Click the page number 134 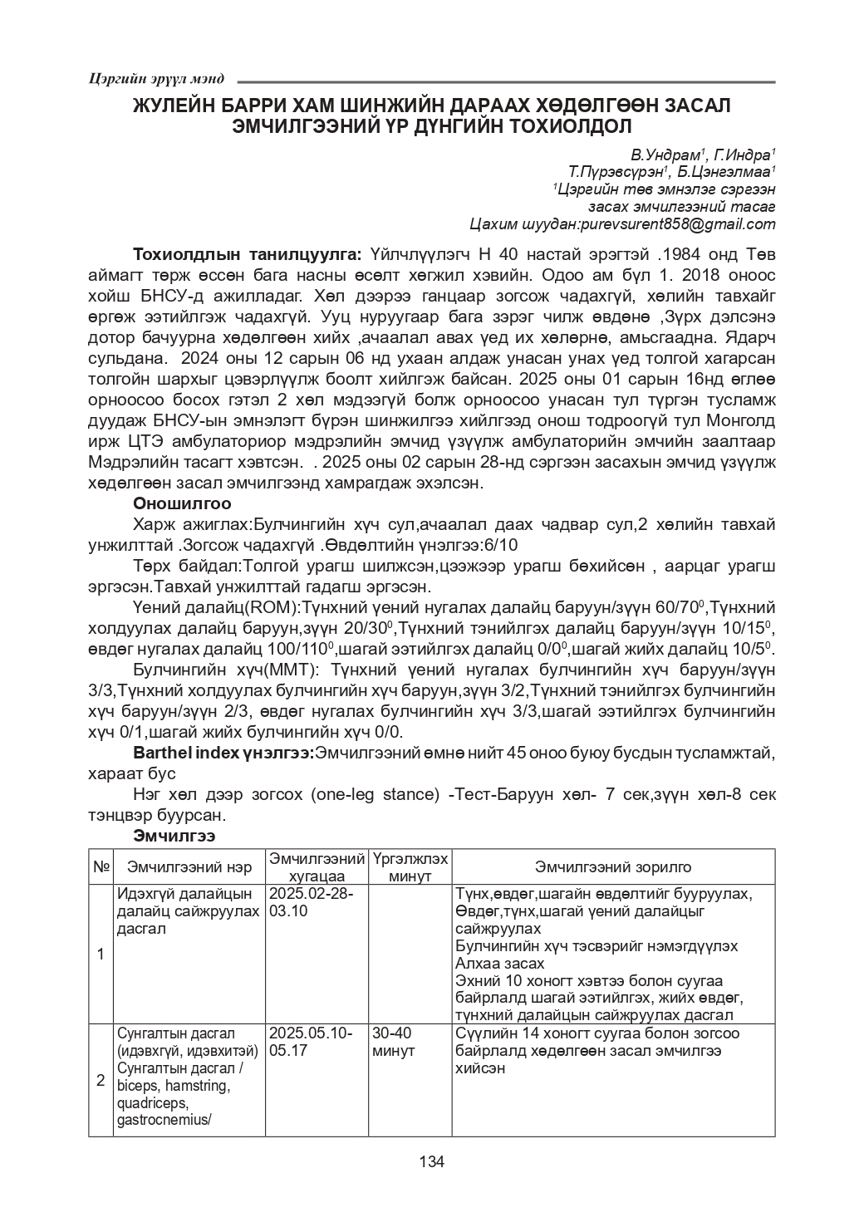(x=432, y=1161)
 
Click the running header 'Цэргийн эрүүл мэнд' (x=155, y=79)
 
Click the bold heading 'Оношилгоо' (x=182, y=503)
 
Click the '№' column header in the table (x=101, y=866)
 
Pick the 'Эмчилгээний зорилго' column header (x=613, y=866)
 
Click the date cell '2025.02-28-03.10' (x=311, y=902)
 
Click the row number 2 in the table (x=101, y=1080)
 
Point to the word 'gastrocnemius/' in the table (x=164, y=1119)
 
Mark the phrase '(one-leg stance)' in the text (x=375, y=794)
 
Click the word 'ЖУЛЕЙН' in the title (x=182, y=107)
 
